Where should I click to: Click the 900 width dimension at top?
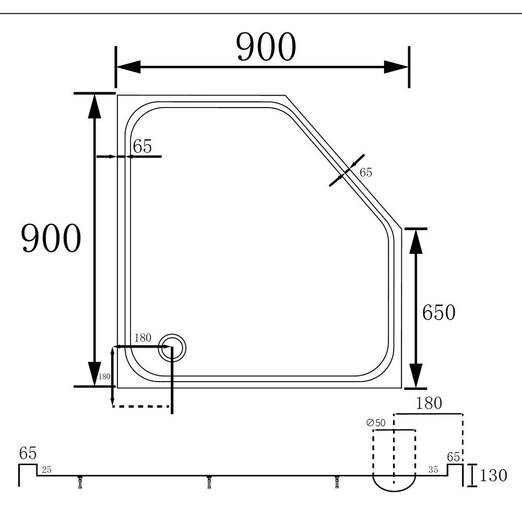(x=266, y=46)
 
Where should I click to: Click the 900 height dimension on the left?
(x=51, y=238)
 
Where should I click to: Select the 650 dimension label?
(x=438, y=313)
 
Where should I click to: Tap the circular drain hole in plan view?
(x=172, y=348)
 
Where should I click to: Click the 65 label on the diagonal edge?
(x=365, y=172)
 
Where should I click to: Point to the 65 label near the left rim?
(x=143, y=146)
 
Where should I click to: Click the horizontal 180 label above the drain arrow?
(x=143, y=338)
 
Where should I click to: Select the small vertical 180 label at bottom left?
(x=104, y=376)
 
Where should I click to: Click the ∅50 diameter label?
(x=376, y=423)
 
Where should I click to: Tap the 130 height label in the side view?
(x=493, y=475)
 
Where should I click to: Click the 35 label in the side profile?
(x=433, y=470)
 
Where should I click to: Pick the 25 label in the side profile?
(x=46, y=470)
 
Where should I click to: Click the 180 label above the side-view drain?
(x=429, y=403)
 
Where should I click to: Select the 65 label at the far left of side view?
(x=28, y=453)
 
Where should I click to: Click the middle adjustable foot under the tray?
(x=209, y=482)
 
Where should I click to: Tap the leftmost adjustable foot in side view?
(x=80, y=482)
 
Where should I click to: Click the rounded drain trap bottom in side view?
(x=394, y=483)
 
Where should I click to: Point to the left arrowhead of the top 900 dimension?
(x=128, y=67)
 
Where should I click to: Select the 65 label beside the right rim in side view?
(x=454, y=457)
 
